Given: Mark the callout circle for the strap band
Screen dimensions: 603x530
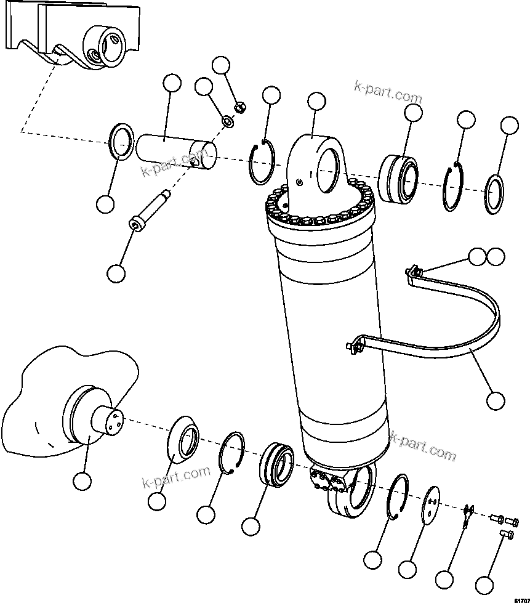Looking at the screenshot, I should point(496,400).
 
